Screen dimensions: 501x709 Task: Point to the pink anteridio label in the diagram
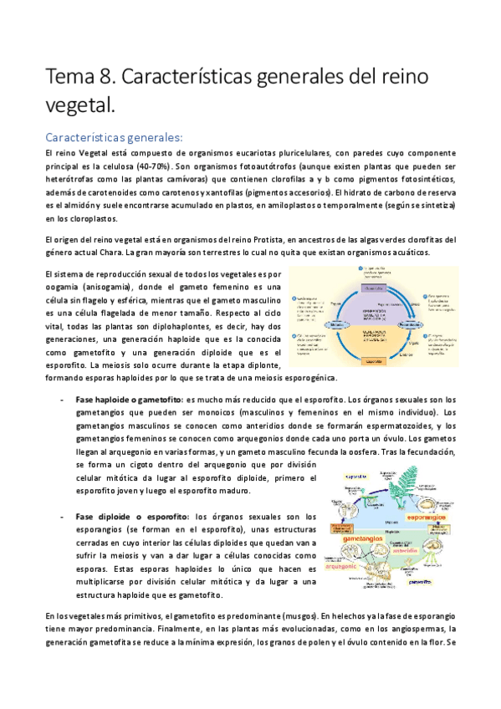406,549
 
